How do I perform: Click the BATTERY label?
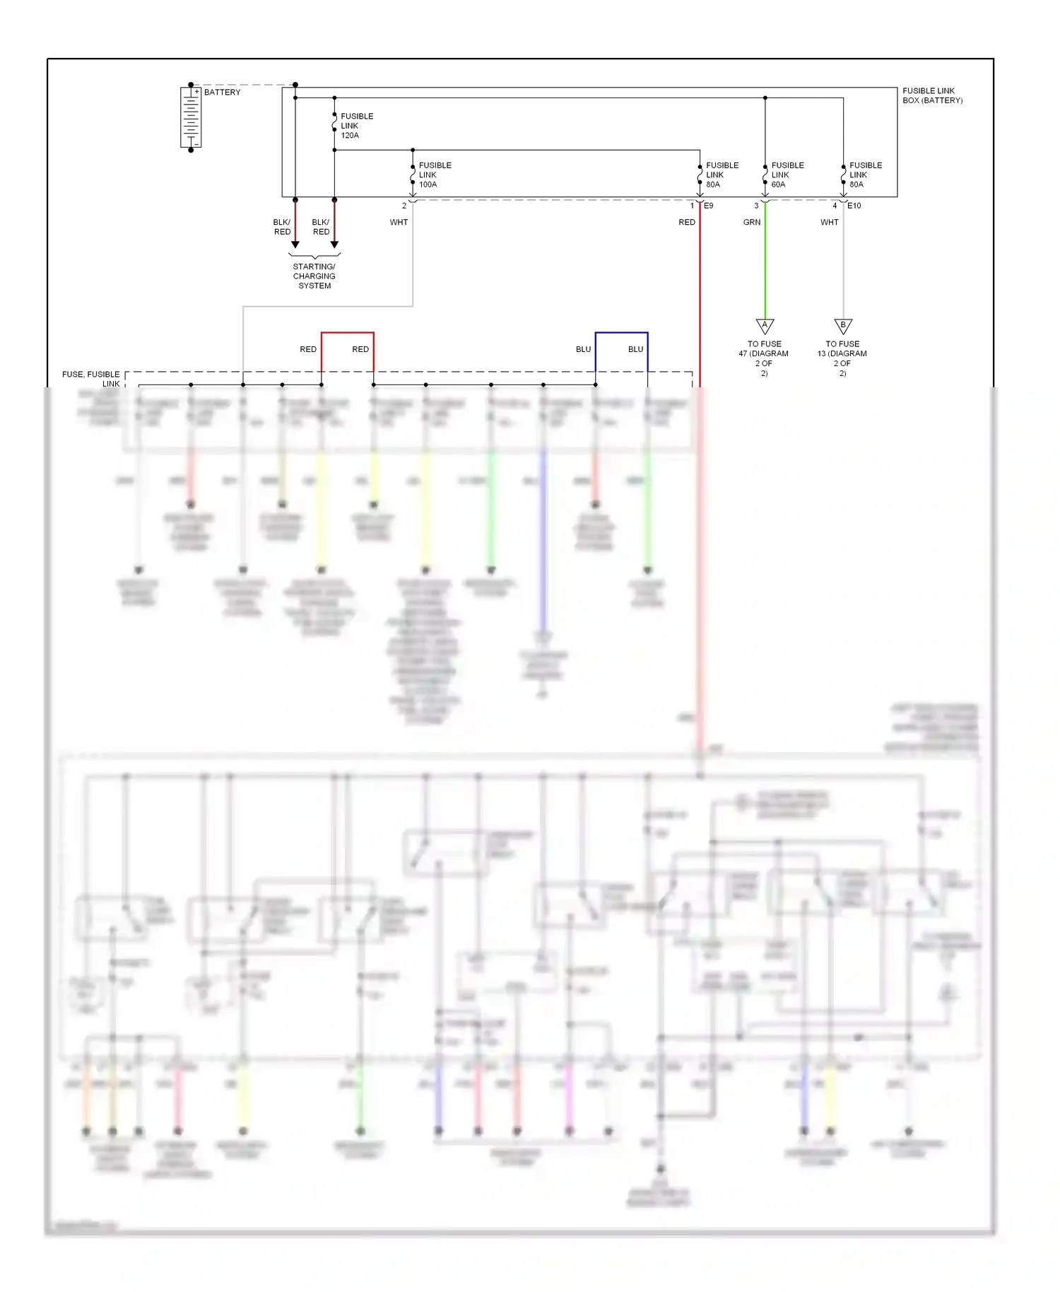tap(222, 93)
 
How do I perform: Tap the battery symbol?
tap(191, 117)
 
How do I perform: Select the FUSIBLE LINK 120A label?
tap(356, 126)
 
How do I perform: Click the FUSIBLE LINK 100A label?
tap(434, 175)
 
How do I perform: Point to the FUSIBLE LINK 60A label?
tap(787, 175)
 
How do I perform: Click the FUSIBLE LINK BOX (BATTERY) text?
tap(931, 95)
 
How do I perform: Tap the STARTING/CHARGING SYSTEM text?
tap(314, 276)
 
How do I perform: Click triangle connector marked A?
tap(765, 326)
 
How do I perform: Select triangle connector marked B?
tap(842, 326)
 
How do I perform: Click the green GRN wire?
tap(765, 269)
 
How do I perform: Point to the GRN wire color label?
tap(751, 223)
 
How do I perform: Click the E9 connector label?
tap(709, 206)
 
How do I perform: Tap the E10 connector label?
tap(854, 206)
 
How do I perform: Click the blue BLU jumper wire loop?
tap(621, 333)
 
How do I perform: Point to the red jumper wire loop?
tap(347, 333)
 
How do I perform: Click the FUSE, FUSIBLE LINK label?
tap(91, 379)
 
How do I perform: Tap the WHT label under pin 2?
tap(399, 223)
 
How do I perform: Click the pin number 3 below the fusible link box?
tap(756, 206)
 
